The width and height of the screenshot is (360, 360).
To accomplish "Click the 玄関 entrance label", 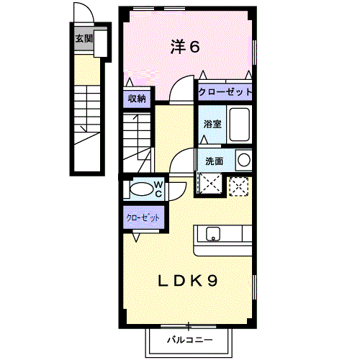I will pos(84,38).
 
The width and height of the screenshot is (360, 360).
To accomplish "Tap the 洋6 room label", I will pos(184,48).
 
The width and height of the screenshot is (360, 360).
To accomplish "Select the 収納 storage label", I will pos(138,99).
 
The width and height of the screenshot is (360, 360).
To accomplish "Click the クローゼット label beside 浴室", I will pos(225,92).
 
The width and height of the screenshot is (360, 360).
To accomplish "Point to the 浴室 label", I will pos(212,124).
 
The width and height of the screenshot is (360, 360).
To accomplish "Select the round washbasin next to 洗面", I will pos(243,159).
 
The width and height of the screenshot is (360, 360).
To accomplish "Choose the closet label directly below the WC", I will pos(143,217).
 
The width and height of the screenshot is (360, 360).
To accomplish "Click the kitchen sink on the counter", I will pos(213,233).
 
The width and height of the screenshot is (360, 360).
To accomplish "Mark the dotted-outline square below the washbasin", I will pos(238,185).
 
